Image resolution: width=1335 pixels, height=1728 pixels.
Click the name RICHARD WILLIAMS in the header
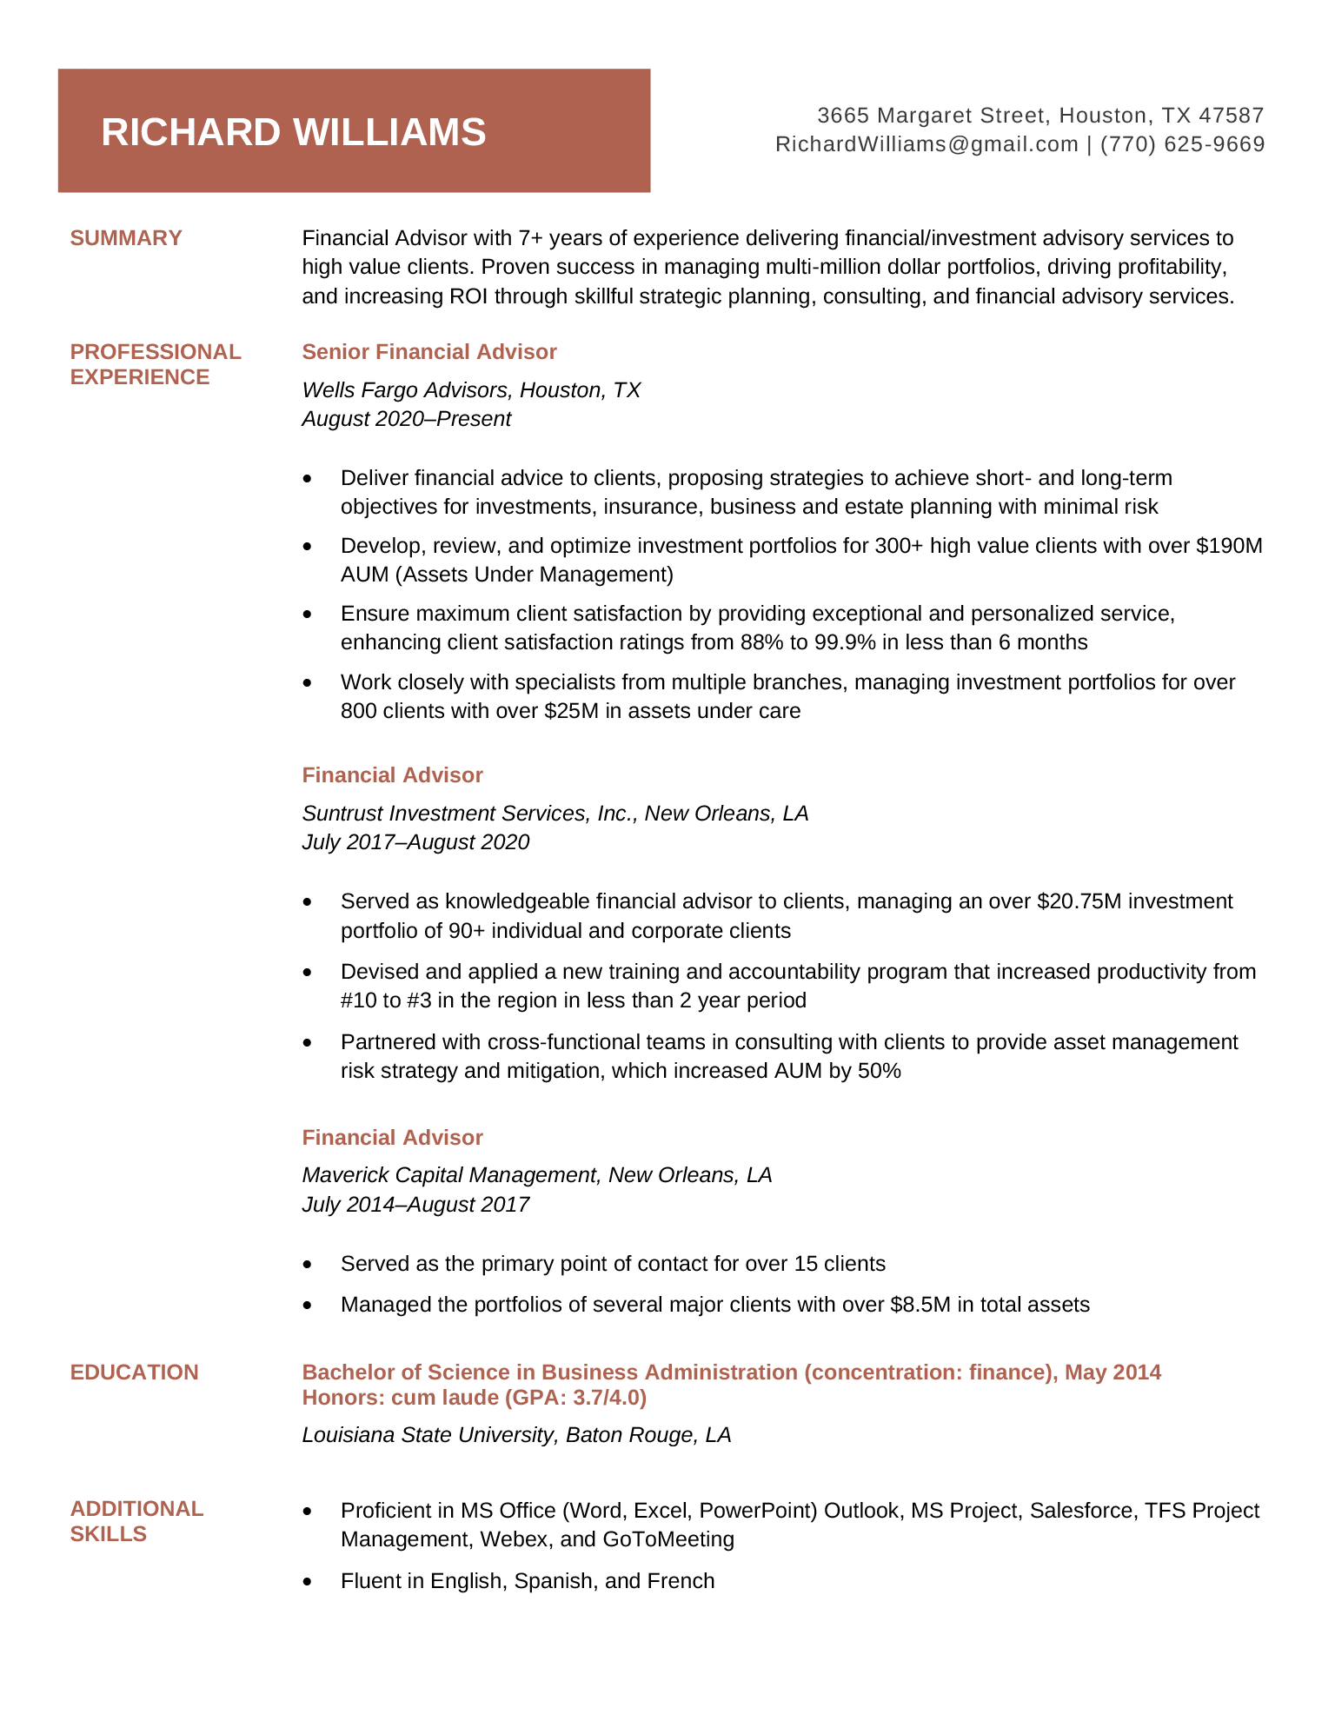pyautogui.click(x=293, y=132)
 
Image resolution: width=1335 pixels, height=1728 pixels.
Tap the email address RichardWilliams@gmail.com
pyautogui.click(x=927, y=144)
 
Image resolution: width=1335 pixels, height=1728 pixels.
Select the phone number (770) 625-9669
pyautogui.click(x=1182, y=144)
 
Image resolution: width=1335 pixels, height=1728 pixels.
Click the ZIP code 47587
pyautogui.click(x=1231, y=116)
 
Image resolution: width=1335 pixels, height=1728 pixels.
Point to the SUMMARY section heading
pyautogui.click(x=126, y=238)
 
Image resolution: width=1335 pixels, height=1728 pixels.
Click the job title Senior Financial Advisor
pyautogui.click(x=429, y=352)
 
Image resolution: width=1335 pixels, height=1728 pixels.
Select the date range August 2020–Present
pyautogui.click(x=406, y=419)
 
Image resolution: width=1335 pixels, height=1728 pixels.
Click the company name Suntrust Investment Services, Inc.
pyautogui.click(x=470, y=814)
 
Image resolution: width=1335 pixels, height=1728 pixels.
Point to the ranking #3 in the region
pyautogui.click(x=419, y=1000)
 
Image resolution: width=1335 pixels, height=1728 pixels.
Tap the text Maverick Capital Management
pyautogui.click(x=450, y=1175)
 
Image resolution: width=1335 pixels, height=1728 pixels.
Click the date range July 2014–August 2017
pyautogui.click(x=415, y=1205)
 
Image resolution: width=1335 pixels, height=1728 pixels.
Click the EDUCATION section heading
pyautogui.click(x=134, y=1372)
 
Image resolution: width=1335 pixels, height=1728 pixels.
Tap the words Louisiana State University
pyautogui.click(x=426, y=1435)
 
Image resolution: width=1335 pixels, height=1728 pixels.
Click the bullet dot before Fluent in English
pyautogui.click(x=307, y=1582)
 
